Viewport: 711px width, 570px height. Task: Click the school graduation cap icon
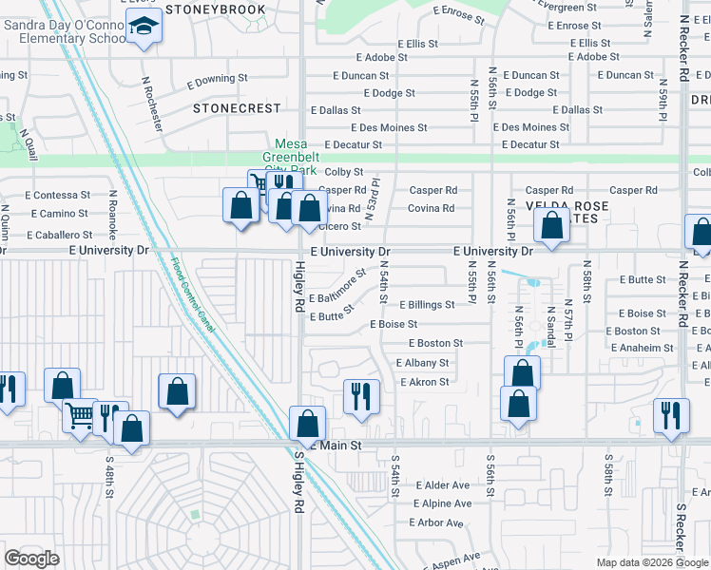144,28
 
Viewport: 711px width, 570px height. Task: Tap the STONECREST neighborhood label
237,108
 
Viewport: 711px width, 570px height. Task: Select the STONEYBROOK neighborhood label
215,9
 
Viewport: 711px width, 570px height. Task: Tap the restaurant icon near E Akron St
361,396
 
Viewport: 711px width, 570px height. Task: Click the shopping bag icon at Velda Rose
551,226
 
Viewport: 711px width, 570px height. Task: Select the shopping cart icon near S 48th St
81,414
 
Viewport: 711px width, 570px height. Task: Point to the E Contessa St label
57,194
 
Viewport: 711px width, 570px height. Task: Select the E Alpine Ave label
441,503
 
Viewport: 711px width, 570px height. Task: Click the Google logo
32,559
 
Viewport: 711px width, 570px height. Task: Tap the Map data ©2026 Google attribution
651,562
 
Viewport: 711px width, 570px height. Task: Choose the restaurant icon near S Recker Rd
671,415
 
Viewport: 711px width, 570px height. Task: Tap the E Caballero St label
59,234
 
